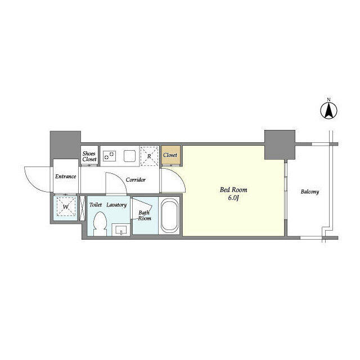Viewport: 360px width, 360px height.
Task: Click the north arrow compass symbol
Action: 328,110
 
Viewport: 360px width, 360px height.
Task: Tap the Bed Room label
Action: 233,190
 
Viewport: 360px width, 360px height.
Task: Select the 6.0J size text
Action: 233,197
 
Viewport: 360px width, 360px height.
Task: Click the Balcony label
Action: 310,191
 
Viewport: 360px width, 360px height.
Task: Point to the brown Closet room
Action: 171,155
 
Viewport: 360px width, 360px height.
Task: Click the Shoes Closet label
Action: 89,156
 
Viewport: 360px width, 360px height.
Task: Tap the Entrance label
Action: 65,176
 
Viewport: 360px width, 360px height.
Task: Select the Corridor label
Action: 136,179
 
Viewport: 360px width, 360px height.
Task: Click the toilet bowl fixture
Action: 100,224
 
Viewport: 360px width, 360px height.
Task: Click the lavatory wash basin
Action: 121,230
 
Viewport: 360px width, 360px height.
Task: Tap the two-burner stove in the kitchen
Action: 109,155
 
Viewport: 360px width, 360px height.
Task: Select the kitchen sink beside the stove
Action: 130,156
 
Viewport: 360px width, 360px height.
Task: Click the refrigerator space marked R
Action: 149,156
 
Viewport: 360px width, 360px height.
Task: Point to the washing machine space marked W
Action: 66,206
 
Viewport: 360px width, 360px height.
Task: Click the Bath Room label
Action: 145,215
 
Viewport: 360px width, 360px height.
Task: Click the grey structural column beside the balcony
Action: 280,145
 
